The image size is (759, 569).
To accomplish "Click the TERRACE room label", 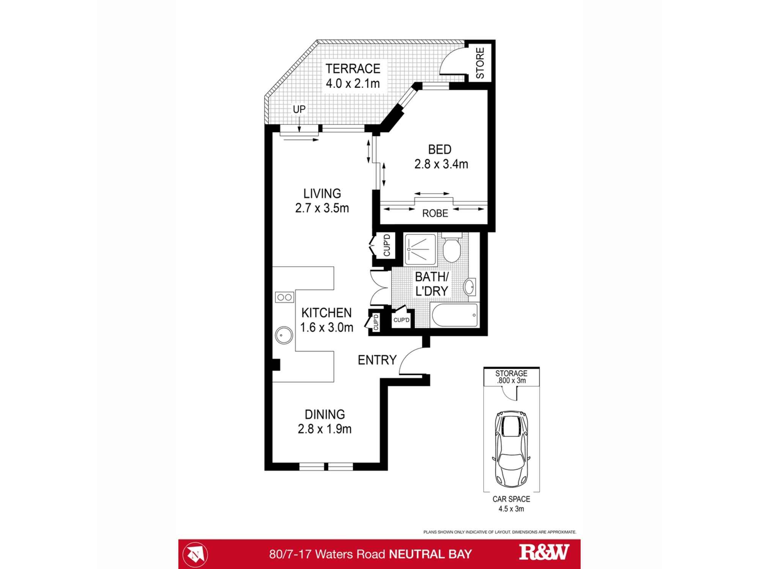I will (x=353, y=69).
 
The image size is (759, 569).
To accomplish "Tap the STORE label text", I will (x=480, y=63).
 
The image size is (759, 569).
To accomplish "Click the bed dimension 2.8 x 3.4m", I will (x=441, y=164).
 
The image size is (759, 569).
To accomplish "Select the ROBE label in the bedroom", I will (x=435, y=213).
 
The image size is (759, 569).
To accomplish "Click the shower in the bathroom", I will (x=421, y=249).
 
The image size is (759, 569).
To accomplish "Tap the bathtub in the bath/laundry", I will (x=454, y=315).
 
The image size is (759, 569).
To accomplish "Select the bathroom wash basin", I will (x=470, y=287).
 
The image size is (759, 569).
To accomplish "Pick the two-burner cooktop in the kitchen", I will (x=284, y=297).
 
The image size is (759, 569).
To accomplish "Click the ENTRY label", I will (x=377, y=360).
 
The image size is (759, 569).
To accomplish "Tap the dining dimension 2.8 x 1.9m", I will (x=324, y=429).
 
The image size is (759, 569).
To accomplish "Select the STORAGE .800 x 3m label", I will (x=511, y=377).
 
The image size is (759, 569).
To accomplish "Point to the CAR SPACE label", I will (x=511, y=499).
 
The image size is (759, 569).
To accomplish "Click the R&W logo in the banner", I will (x=544, y=552).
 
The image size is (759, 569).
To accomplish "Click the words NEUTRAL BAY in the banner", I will (x=430, y=554).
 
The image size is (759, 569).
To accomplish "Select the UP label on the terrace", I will (x=299, y=109).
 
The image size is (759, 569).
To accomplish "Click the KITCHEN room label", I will (x=326, y=313).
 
